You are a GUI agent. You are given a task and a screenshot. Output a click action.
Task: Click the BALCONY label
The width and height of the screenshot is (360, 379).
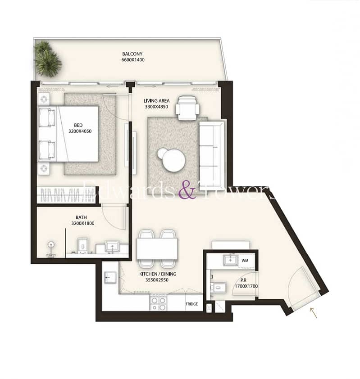coord(132,54)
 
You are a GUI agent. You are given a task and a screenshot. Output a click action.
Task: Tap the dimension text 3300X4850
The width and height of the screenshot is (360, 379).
coord(156,107)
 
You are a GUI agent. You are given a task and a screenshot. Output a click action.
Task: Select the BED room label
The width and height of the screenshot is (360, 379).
coord(78,125)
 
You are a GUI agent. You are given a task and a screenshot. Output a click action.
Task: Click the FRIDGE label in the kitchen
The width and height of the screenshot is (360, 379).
coord(191,304)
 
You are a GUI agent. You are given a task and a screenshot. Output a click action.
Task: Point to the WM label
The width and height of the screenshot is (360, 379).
coord(245,261)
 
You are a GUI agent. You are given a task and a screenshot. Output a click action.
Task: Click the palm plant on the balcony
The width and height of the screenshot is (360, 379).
coord(47,59)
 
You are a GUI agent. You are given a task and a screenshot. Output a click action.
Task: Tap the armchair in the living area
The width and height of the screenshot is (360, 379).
coord(187,108)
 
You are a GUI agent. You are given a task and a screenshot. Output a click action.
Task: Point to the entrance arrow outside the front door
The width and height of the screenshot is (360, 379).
coord(314,313)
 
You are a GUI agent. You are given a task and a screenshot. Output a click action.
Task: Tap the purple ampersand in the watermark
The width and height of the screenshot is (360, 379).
coord(187,189)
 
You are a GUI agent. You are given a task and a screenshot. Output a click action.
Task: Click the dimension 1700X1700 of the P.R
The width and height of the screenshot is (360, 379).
coord(246,286)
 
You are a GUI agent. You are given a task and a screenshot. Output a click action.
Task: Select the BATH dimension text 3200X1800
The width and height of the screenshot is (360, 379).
coord(83,223)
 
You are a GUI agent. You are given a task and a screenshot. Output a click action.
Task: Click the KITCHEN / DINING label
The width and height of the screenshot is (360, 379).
coord(158,274)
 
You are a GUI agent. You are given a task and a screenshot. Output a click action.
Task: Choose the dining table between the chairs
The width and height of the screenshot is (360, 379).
coord(157,249)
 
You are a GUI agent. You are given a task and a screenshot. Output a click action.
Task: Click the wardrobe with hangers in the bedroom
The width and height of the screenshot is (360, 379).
coord(66,195)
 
